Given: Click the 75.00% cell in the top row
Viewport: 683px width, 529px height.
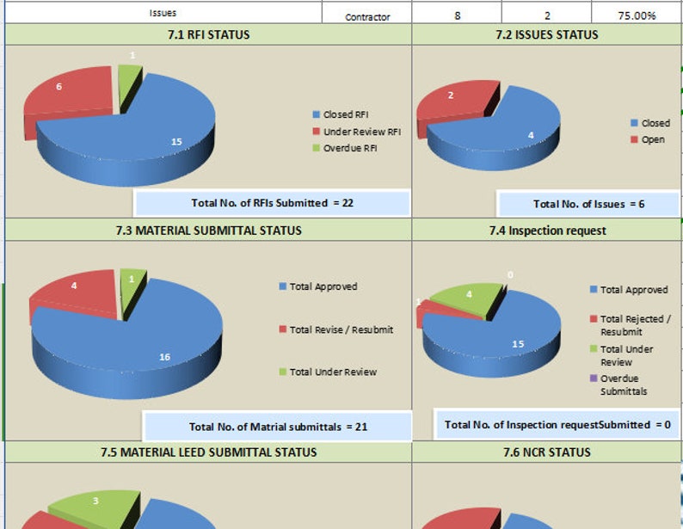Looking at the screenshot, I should click(x=637, y=15).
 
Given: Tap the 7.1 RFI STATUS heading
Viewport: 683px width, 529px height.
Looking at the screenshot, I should click(x=208, y=35).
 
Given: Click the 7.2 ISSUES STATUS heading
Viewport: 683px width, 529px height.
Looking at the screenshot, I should click(x=546, y=35).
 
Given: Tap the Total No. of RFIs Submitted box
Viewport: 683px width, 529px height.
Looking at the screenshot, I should click(x=272, y=203).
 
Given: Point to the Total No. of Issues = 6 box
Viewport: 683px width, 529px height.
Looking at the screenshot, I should click(x=588, y=204).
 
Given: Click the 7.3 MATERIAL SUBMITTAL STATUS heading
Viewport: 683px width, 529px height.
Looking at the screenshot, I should click(x=208, y=231).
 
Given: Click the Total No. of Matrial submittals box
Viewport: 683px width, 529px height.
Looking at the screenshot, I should click(x=278, y=427).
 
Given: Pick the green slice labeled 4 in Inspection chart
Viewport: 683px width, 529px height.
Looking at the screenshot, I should click(x=469, y=298).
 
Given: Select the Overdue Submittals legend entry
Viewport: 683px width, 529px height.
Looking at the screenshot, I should click(x=624, y=384).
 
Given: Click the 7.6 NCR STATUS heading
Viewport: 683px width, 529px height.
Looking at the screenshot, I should click(x=546, y=452).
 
